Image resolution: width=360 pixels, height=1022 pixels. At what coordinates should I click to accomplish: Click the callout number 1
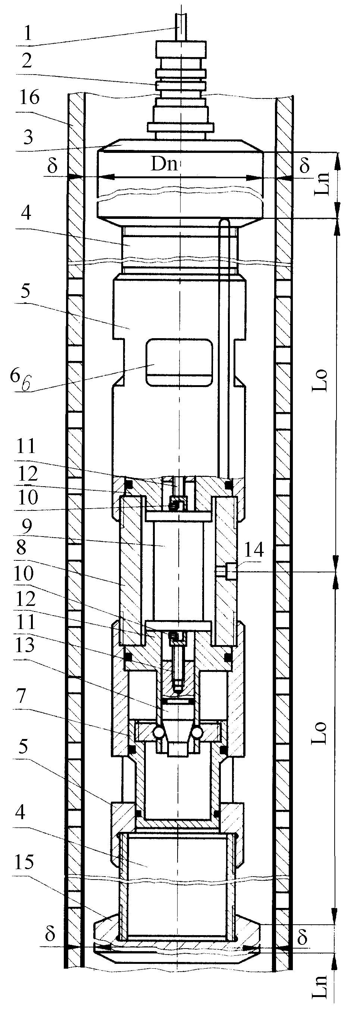(x=27, y=32)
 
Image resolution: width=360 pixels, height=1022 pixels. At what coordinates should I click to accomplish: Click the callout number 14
(x=253, y=550)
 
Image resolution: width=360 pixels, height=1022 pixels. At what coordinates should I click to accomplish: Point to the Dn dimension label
(x=163, y=164)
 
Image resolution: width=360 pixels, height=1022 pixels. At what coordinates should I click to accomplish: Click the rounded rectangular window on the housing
(x=179, y=362)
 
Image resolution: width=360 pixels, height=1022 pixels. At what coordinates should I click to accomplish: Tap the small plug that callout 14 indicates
(x=227, y=571)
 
